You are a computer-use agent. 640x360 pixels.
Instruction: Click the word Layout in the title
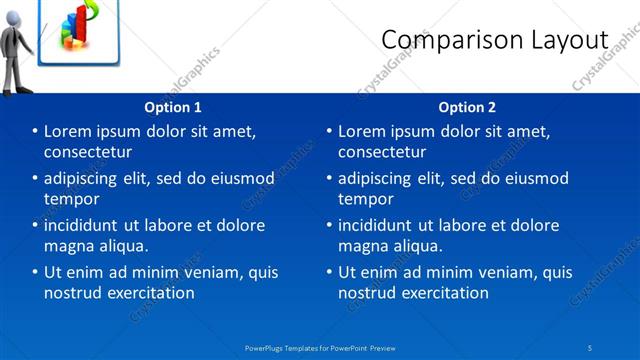pyautogui.click(x=569, y=39)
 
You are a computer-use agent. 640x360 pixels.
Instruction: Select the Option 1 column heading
pyautogui.click(x=173, y=107)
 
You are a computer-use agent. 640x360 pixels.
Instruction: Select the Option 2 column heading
pyautogui.click(x=467, y=107)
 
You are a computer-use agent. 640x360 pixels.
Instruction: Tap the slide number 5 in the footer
pyautogui.click(x=591, y=347)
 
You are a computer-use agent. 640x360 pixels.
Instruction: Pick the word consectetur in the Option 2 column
pyautogui.click(x=383, y=152)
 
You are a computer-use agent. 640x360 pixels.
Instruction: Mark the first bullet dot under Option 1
pyautogui.click(x=35, y=132)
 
